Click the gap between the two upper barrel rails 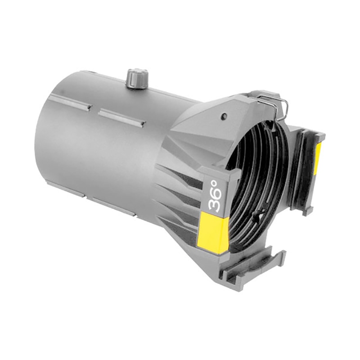click(95, 109)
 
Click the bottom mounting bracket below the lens click(261, 265)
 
